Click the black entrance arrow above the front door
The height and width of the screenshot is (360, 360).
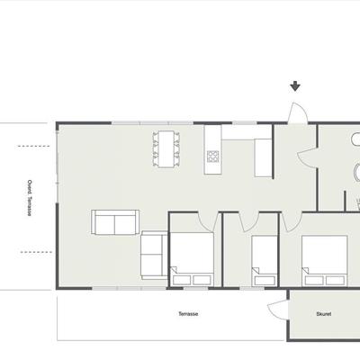coord(295,86)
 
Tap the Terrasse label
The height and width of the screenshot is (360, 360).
coord(188,314)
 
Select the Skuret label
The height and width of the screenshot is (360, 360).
coord(324,314)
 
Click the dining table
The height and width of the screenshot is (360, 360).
coord(166,148)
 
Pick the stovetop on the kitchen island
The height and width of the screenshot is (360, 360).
coord(212,157)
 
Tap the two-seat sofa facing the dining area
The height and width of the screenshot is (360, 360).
coord(115,222)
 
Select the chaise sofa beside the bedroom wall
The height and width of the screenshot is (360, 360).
coord(154,255)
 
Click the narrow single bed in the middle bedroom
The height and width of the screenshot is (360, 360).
coord(265,260)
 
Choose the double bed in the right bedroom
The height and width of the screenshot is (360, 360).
coord(325,260)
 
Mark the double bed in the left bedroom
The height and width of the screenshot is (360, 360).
coord(192,258)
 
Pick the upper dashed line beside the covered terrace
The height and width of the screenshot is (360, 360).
coord(33,146)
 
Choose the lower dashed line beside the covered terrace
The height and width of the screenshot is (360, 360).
coord(36,252)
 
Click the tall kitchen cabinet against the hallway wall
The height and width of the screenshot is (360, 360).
coord(263,157)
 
